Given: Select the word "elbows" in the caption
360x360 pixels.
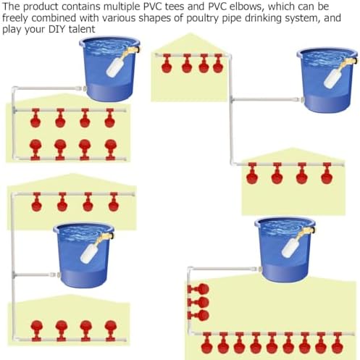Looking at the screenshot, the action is click(x=245, y=7).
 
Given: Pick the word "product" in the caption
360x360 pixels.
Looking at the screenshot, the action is click(x=41, y=7).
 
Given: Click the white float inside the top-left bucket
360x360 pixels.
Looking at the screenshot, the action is click(x=115, y=67).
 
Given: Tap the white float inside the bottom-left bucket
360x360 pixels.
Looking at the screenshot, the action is click(x=88, y=253).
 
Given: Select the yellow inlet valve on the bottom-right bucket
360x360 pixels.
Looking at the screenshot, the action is click(x=306, y=233).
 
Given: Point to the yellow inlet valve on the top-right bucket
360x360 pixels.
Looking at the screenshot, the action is click(x=349, y=63).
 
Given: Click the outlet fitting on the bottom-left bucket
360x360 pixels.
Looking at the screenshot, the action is click(x=55, y=275).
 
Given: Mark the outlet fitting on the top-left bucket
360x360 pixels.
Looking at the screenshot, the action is click(x=81, y=88).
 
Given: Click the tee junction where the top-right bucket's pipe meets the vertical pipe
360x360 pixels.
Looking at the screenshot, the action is click(x=232, y=99).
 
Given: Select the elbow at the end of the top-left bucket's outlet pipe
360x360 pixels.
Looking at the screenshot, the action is click(x=14, y=89).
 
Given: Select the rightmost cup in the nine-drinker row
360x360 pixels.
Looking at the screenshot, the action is click(x=337, y=343).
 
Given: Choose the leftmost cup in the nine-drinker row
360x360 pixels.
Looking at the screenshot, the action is click(x=207, y=343).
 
